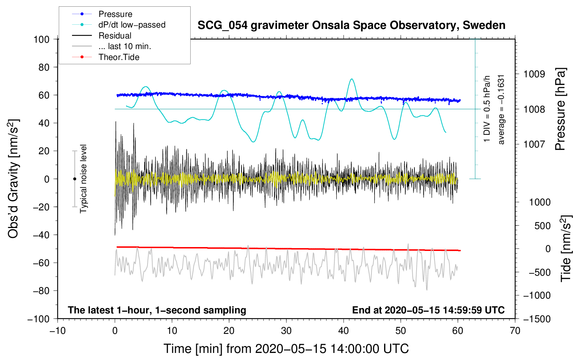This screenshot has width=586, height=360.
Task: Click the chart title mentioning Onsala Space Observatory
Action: coord(351,25)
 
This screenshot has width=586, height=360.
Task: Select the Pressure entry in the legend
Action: coord(115,14)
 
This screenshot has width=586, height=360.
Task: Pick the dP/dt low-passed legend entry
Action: coord(132,25)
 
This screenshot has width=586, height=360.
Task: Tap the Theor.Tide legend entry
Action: coord(119,57)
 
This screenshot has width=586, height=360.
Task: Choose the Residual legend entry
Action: coord(115,36)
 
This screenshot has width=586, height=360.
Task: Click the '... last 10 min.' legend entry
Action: coord(125,46)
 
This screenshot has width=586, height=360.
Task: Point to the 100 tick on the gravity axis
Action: coord(41,39)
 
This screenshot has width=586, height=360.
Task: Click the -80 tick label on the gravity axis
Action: coord(41,291)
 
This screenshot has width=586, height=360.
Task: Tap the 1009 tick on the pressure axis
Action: coord(534,74)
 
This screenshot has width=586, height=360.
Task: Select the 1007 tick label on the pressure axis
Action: coord(534,144)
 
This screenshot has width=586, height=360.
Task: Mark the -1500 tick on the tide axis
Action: coord(537,319)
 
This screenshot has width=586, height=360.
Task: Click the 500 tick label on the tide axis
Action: coord(542,226)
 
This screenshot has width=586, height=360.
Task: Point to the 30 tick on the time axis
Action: coord(286,331)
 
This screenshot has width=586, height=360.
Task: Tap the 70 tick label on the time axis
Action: coord(515,331)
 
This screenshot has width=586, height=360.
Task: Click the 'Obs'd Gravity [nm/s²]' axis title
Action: coord(13,179)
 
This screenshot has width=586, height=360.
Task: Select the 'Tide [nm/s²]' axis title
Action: coord(566,248)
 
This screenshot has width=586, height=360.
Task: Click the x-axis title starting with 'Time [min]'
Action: coord(286,349)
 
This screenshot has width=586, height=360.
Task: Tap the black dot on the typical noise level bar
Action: coord(74,179)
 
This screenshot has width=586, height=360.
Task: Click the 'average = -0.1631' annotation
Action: coord(501,109)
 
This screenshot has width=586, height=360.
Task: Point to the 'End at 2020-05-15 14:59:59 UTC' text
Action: coord(428,310)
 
